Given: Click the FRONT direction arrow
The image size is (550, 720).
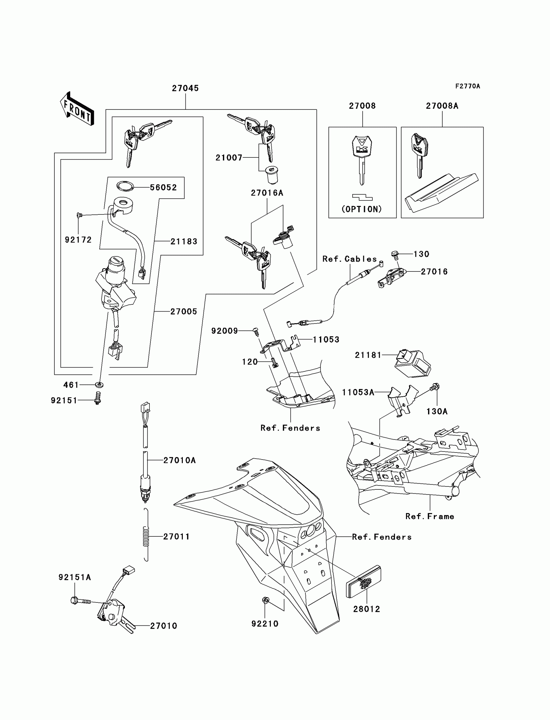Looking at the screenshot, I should click(77, 109).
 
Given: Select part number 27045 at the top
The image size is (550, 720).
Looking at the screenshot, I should click(185, 88).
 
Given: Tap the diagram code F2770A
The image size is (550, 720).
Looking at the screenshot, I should click(467, 86).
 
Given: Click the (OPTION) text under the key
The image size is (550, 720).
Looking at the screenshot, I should click(362, 209).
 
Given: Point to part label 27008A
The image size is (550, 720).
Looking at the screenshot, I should click(442, 106).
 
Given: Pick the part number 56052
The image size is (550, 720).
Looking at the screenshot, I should click(163, 188).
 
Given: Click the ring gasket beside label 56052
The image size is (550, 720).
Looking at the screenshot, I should click(126, 186).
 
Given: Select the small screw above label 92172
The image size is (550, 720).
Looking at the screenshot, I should click(79, 215).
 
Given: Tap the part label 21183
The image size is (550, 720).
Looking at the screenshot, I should click(184, 242).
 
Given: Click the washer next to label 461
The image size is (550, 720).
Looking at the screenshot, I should click(99, 384).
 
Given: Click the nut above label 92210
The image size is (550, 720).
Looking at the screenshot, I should click(266, 600).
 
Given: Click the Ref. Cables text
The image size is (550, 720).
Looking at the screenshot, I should click(350, 259).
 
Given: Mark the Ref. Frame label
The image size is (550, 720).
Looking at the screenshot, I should click(430, 517).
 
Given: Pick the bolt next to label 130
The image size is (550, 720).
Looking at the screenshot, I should click(395, 254).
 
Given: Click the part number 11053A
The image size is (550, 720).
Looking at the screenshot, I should click(358, 392).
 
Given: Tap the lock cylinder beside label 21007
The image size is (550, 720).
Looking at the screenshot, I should click(272, 175).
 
